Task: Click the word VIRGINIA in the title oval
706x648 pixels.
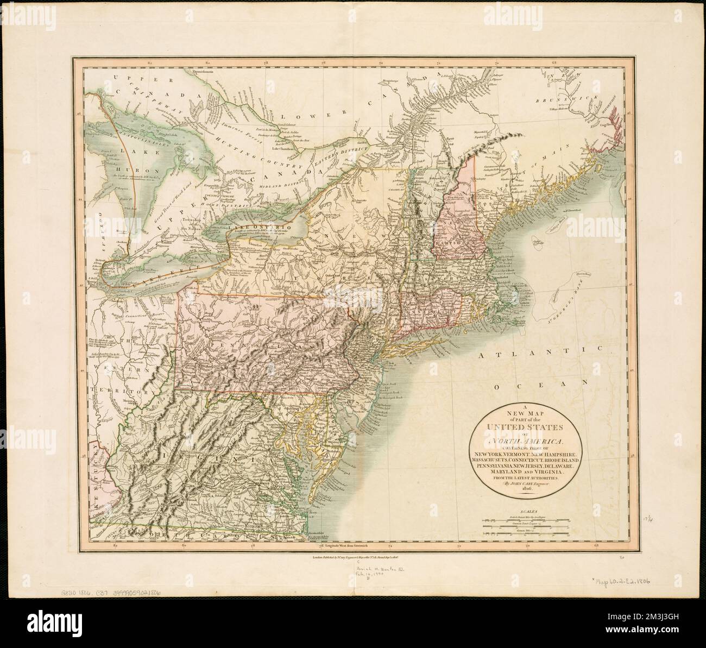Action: [x=544, y=472]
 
